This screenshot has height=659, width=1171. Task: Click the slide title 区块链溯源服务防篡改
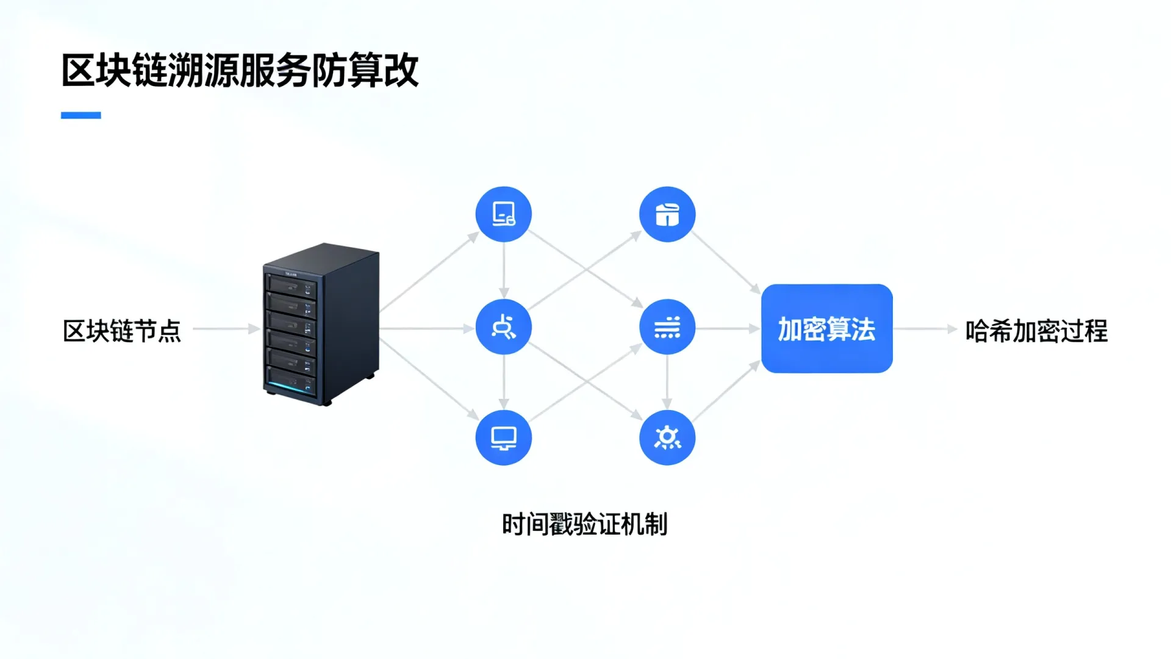point(240,71)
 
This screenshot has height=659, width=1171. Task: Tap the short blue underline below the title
point(81,115)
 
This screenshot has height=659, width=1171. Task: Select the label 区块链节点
point(122,331)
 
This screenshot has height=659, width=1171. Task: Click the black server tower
point(321,324)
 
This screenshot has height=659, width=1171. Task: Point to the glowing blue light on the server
point(287,385)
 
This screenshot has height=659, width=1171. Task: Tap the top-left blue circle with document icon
point(504,214)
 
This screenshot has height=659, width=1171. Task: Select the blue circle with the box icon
point(667,214)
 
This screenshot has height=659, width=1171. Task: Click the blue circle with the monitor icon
point(504,438)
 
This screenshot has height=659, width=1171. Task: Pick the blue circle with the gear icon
point(667,438)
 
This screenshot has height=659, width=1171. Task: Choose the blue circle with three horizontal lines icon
point(667,327)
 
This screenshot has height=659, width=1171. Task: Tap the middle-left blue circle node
point(504,327)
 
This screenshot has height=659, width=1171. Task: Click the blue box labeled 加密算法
point(827,328)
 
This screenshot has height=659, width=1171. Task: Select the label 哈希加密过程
point(1036,331)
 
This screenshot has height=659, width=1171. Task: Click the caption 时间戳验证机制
point(585,524)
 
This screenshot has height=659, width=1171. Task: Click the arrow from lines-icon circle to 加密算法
point(728,329)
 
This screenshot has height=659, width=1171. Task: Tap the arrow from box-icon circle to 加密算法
point(726,263)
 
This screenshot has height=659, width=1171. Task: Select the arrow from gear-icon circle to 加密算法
point(726,391)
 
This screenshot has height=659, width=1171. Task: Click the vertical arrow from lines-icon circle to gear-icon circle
point(667,383)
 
